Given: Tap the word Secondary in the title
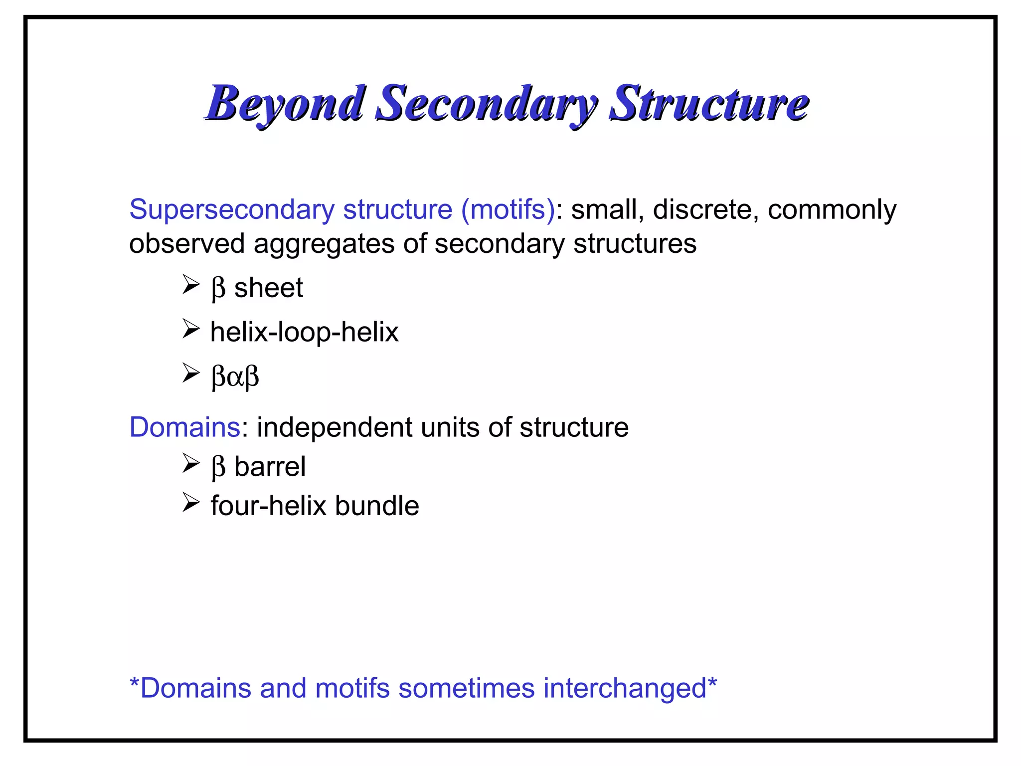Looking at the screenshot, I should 486,104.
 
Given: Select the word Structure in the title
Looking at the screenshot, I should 709,104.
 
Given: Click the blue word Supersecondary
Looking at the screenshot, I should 232,209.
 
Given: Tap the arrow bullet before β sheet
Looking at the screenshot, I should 190,285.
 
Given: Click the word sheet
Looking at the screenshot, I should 269,288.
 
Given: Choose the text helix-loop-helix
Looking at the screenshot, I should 304,332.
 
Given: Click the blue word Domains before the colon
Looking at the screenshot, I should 185,427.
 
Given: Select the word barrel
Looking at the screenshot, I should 270,467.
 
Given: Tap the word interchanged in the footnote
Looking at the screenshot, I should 625,688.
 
